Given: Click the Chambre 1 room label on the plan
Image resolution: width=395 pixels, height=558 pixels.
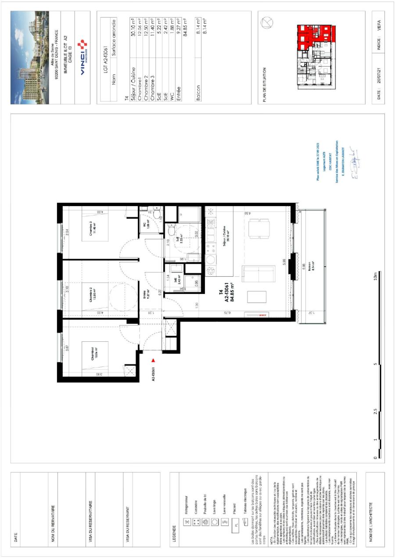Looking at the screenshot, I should pos(93,354).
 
